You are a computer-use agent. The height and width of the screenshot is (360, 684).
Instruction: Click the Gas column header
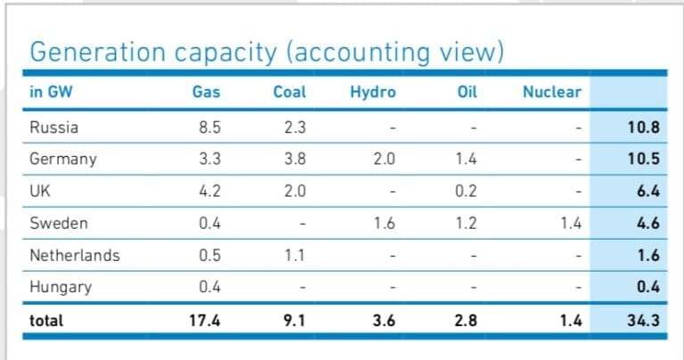click(206, 92)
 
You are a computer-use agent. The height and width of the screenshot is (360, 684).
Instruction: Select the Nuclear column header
click(551, 92)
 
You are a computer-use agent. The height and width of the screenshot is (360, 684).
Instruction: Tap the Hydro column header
click(373, 92)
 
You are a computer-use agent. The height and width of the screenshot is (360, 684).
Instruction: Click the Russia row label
click(53, 127)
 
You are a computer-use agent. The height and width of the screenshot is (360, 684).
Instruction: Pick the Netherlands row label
click(75, 256)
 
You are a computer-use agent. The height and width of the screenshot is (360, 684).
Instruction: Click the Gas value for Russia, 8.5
click(210, 127)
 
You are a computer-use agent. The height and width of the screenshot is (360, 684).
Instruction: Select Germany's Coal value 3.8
click(295, 160)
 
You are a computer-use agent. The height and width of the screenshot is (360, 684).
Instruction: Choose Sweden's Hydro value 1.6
click(383, 224)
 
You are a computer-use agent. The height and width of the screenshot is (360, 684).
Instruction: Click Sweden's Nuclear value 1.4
click(570, 224)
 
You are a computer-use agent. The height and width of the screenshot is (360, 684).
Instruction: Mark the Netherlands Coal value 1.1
click(295, 256)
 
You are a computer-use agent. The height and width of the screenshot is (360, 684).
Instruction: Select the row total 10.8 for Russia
click(643, 127)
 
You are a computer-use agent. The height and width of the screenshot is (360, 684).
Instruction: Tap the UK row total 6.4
click(647, 192)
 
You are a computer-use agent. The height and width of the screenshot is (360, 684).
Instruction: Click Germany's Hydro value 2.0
click(383, 160)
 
